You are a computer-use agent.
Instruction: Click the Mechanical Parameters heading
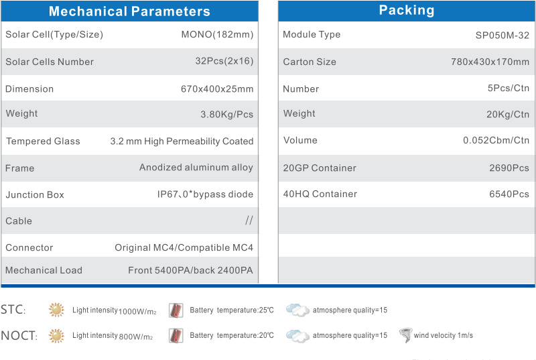(129, 11)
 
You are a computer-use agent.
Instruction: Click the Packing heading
(407, 11)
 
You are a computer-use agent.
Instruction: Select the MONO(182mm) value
(217, 35)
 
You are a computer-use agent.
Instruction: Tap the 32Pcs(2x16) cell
(224, 61)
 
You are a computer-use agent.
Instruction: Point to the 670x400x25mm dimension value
(217, 89)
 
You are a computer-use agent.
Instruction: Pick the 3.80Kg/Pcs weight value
(226, 114)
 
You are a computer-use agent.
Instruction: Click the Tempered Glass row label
(43, 141)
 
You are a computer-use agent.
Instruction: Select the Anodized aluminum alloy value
(196, 167)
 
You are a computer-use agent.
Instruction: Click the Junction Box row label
(35, 194)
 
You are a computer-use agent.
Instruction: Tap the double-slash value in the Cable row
(249, 221)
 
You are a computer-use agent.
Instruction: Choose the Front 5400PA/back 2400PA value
(190, 270)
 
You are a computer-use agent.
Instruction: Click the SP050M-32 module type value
(502, 36)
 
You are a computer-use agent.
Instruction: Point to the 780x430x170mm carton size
(490, 62)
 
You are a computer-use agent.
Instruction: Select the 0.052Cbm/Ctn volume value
(496, 140)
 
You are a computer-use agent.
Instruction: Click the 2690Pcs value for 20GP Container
(509, 168)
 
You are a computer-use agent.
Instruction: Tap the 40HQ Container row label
(320, 194)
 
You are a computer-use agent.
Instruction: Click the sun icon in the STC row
(56, 310)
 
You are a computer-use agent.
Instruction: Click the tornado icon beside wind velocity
(406, 335)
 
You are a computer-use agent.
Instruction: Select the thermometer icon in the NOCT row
(176, 335)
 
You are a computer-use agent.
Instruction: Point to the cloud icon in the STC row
(297, 310)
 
